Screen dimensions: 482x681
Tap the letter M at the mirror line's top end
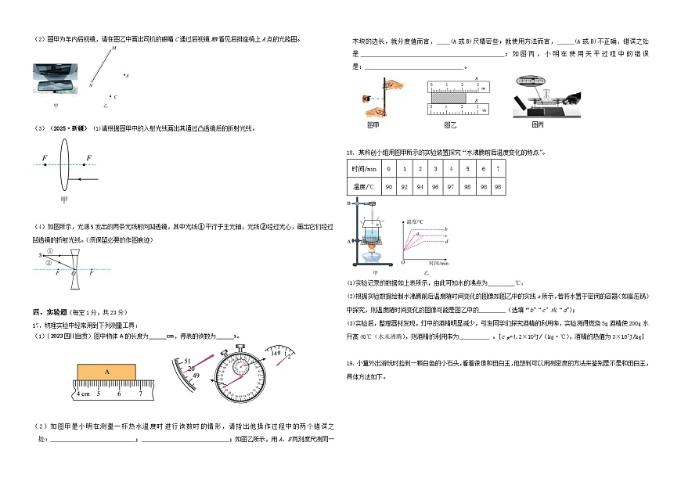click(113, 48)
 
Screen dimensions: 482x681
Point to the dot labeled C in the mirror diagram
click(115, 97)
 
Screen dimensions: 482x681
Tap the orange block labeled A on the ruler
click(107, 373)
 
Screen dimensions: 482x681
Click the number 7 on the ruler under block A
click(140, 394)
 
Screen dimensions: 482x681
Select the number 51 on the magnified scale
click(188, 361)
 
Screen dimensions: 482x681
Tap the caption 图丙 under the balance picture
click(537, 124)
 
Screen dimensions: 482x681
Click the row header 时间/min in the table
click(364, 168)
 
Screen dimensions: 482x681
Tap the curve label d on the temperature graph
click(445, 242)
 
